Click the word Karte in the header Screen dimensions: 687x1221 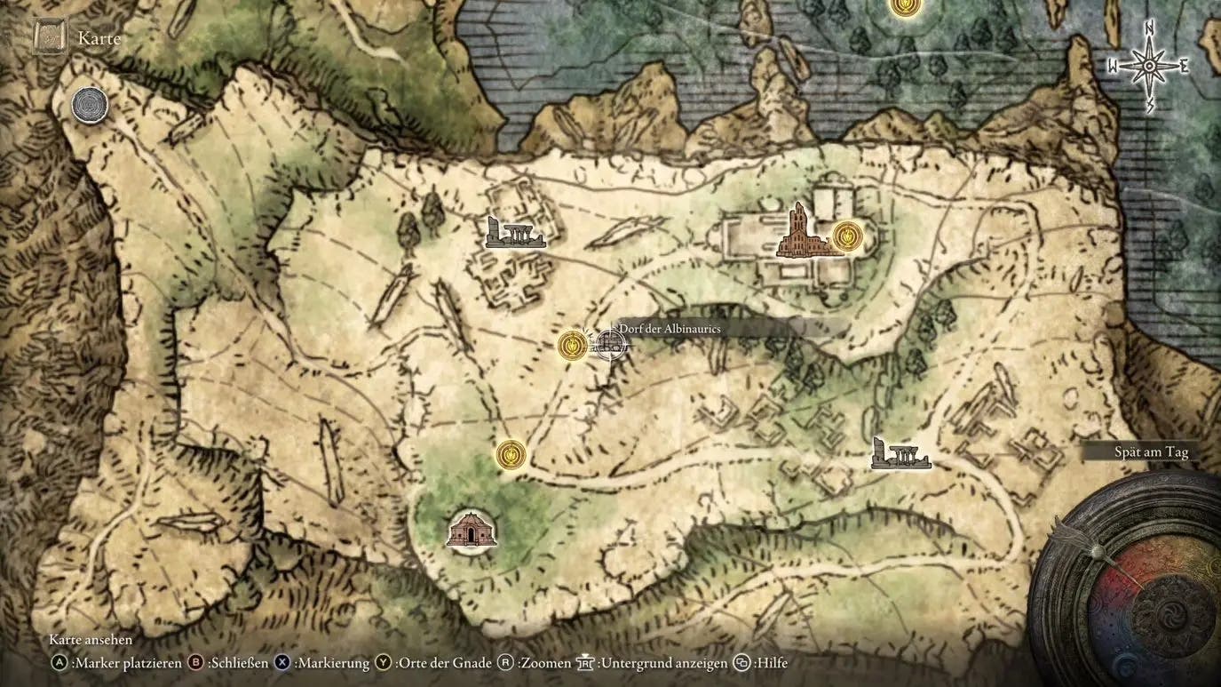(x=99, y=38)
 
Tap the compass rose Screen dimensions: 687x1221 (x=1148, y=66)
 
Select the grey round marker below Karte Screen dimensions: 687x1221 (x=90, y=106)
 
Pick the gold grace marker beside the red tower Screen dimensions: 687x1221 (x=848, y=236)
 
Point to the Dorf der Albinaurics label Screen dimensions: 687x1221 (x=670, y=329)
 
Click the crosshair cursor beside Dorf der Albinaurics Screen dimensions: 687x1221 (x=608, y=343)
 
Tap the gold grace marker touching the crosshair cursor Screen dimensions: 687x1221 (x=573, y=346)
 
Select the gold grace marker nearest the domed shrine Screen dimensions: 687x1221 (x=511, y=454)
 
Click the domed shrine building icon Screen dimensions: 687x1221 (x=471, y=531)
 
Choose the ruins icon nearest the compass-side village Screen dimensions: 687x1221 (x=900, y=454)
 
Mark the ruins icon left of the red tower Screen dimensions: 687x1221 (x=514, y=234)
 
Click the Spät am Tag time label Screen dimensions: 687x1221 (x=1151, y=452)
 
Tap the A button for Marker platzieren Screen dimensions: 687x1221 (x=59, y=662)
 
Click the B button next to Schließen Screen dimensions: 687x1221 (x=197, y=662)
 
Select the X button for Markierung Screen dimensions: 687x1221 (x=283, y=662)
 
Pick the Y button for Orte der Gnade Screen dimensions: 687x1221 (x=384, y=662)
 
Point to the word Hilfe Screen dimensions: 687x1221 (x=772, y=662)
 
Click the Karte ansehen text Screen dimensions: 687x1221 (x=91, y=640)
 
